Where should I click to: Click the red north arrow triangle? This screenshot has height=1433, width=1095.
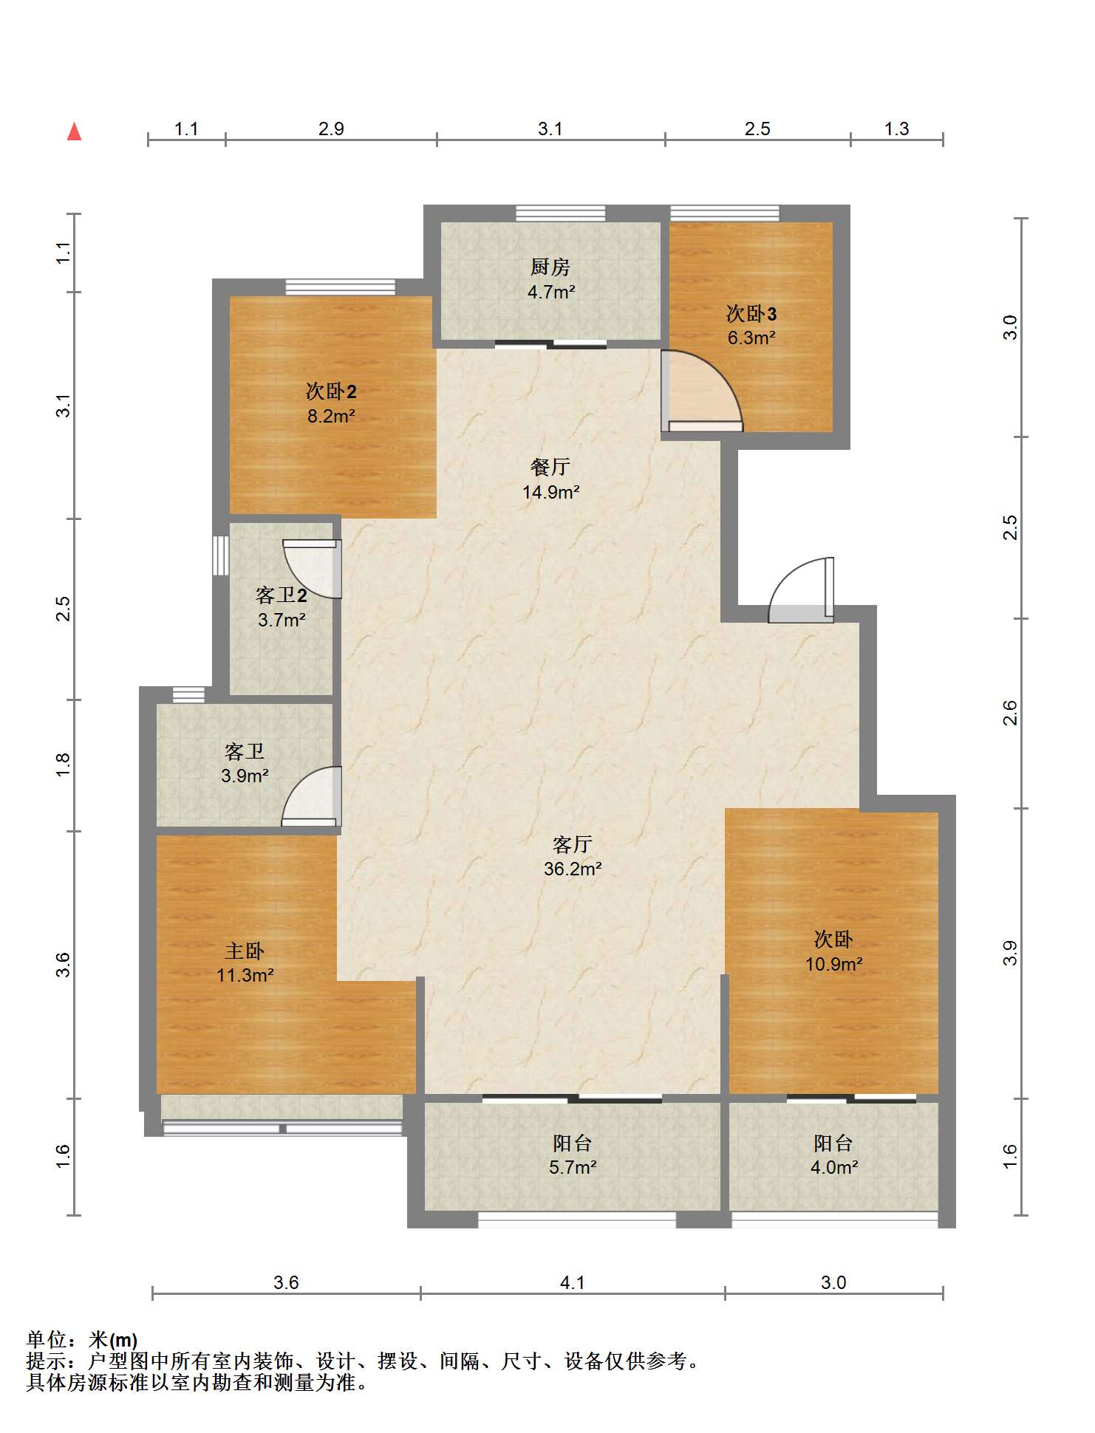click(x=74, y=131)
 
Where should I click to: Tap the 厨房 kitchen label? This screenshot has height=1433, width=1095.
click(x=550, y=267)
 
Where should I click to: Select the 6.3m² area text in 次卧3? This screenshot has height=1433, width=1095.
click(x=751, y=338)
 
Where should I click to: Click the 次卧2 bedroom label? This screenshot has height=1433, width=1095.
click(x=331, y=391)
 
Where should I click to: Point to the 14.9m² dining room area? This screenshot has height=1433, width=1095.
click(x=550, y=491)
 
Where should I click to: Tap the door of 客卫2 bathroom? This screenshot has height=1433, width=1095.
click(x=313, y=568)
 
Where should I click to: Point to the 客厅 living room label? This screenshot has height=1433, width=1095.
click(x=572, y=844)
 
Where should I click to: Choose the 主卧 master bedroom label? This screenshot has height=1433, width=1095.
click(x=245, y=951)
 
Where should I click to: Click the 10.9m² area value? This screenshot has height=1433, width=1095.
click(x=834, y=963)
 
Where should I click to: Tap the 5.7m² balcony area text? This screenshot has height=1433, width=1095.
click(x=573, y=1167)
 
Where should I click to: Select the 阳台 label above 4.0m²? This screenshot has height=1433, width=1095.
click(x=833, y=1143)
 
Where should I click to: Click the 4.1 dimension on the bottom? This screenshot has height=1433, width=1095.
click(x=572, y=1282)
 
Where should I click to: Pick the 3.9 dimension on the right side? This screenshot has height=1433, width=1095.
click(x=1010, y=953)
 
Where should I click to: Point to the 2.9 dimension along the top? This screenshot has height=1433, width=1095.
click(x=331, y=129)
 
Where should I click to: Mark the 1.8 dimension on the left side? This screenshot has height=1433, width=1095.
click(x=64, y=764)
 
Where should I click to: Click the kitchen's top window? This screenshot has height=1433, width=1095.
click(x=561, y=213)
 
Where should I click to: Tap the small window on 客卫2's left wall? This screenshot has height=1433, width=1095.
click(x=221, y=555)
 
